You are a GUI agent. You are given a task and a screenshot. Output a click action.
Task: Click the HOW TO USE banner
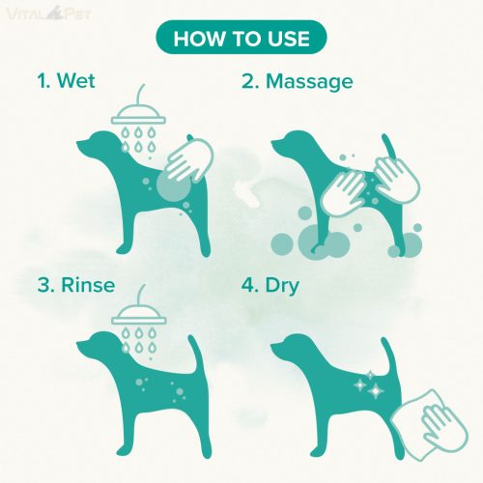[241, 37]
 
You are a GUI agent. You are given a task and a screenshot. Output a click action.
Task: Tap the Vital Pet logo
[49, 14]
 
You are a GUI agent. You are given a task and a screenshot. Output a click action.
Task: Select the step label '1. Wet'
[66, 80]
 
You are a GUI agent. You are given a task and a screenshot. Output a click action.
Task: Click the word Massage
[309, 82]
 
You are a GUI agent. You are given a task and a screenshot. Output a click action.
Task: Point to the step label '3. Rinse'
[76, 285]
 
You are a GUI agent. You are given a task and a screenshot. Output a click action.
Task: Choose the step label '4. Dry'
[270, 286]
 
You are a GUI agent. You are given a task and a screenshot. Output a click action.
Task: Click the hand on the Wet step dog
[189, 160]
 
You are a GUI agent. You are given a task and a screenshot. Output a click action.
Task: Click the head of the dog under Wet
[97, 143]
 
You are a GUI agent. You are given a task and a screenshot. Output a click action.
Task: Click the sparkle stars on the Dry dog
[370, 385]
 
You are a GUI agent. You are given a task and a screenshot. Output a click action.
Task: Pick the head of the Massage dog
[292, 144]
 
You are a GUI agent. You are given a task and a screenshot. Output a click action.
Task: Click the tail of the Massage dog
[387, 147]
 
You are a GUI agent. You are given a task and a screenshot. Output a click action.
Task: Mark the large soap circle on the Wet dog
[173, 185]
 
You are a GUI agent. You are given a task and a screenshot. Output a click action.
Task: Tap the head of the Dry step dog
[291, 347]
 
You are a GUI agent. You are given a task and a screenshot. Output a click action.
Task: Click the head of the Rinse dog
[97, 345]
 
